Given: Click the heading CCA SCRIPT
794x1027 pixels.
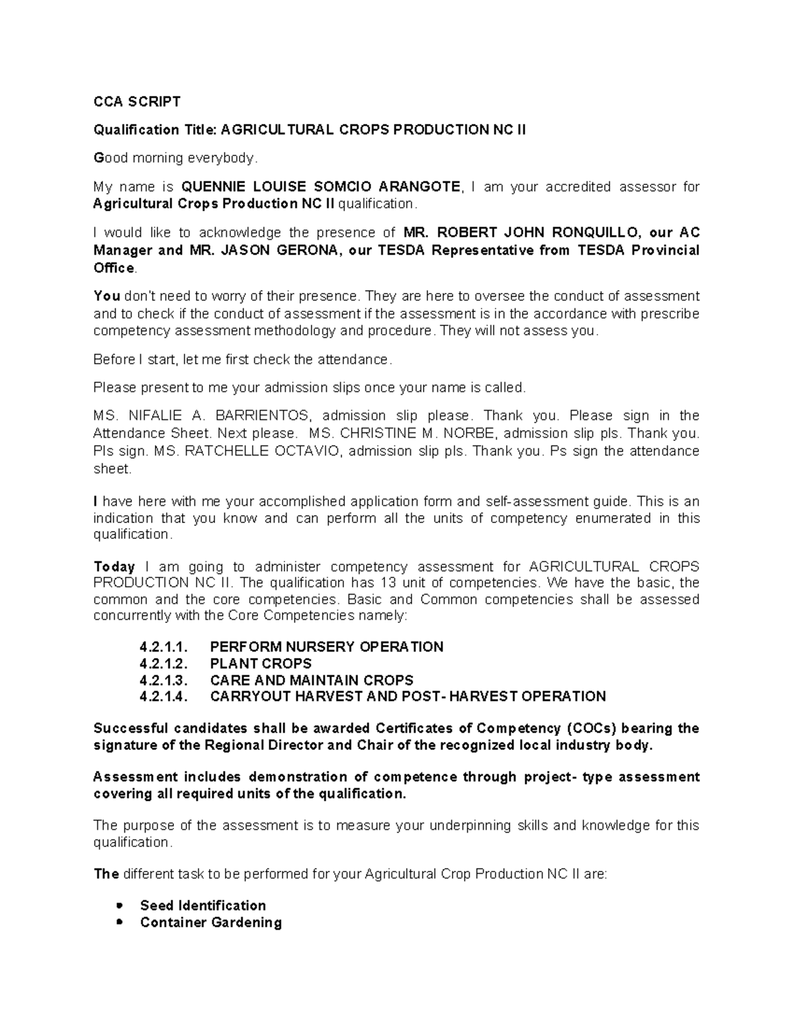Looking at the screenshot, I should pos(136,102).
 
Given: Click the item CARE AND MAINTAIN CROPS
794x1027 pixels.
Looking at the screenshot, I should pos(311,680).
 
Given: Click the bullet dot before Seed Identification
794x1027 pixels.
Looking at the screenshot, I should pos(119,905).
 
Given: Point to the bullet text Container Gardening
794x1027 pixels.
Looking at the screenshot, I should pos(210,923).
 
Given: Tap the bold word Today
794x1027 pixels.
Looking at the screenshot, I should pos(114,567).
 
